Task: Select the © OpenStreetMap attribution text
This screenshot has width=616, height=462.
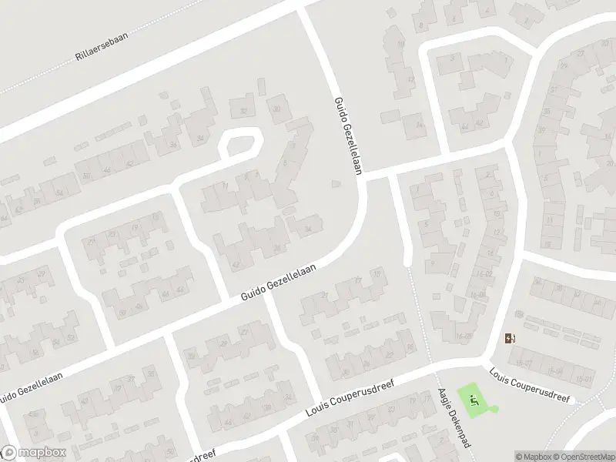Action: (x=584, y=457)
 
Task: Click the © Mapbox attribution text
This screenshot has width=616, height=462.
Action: (x=533, y=457)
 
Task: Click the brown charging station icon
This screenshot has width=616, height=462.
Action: (x=509, y=338)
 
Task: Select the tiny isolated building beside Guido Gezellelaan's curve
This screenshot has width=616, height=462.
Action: (x=334, y=183)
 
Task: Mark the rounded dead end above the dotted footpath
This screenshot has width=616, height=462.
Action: (x=409, y=258)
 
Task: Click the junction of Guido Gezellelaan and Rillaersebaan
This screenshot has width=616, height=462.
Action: (x=303, y=6)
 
